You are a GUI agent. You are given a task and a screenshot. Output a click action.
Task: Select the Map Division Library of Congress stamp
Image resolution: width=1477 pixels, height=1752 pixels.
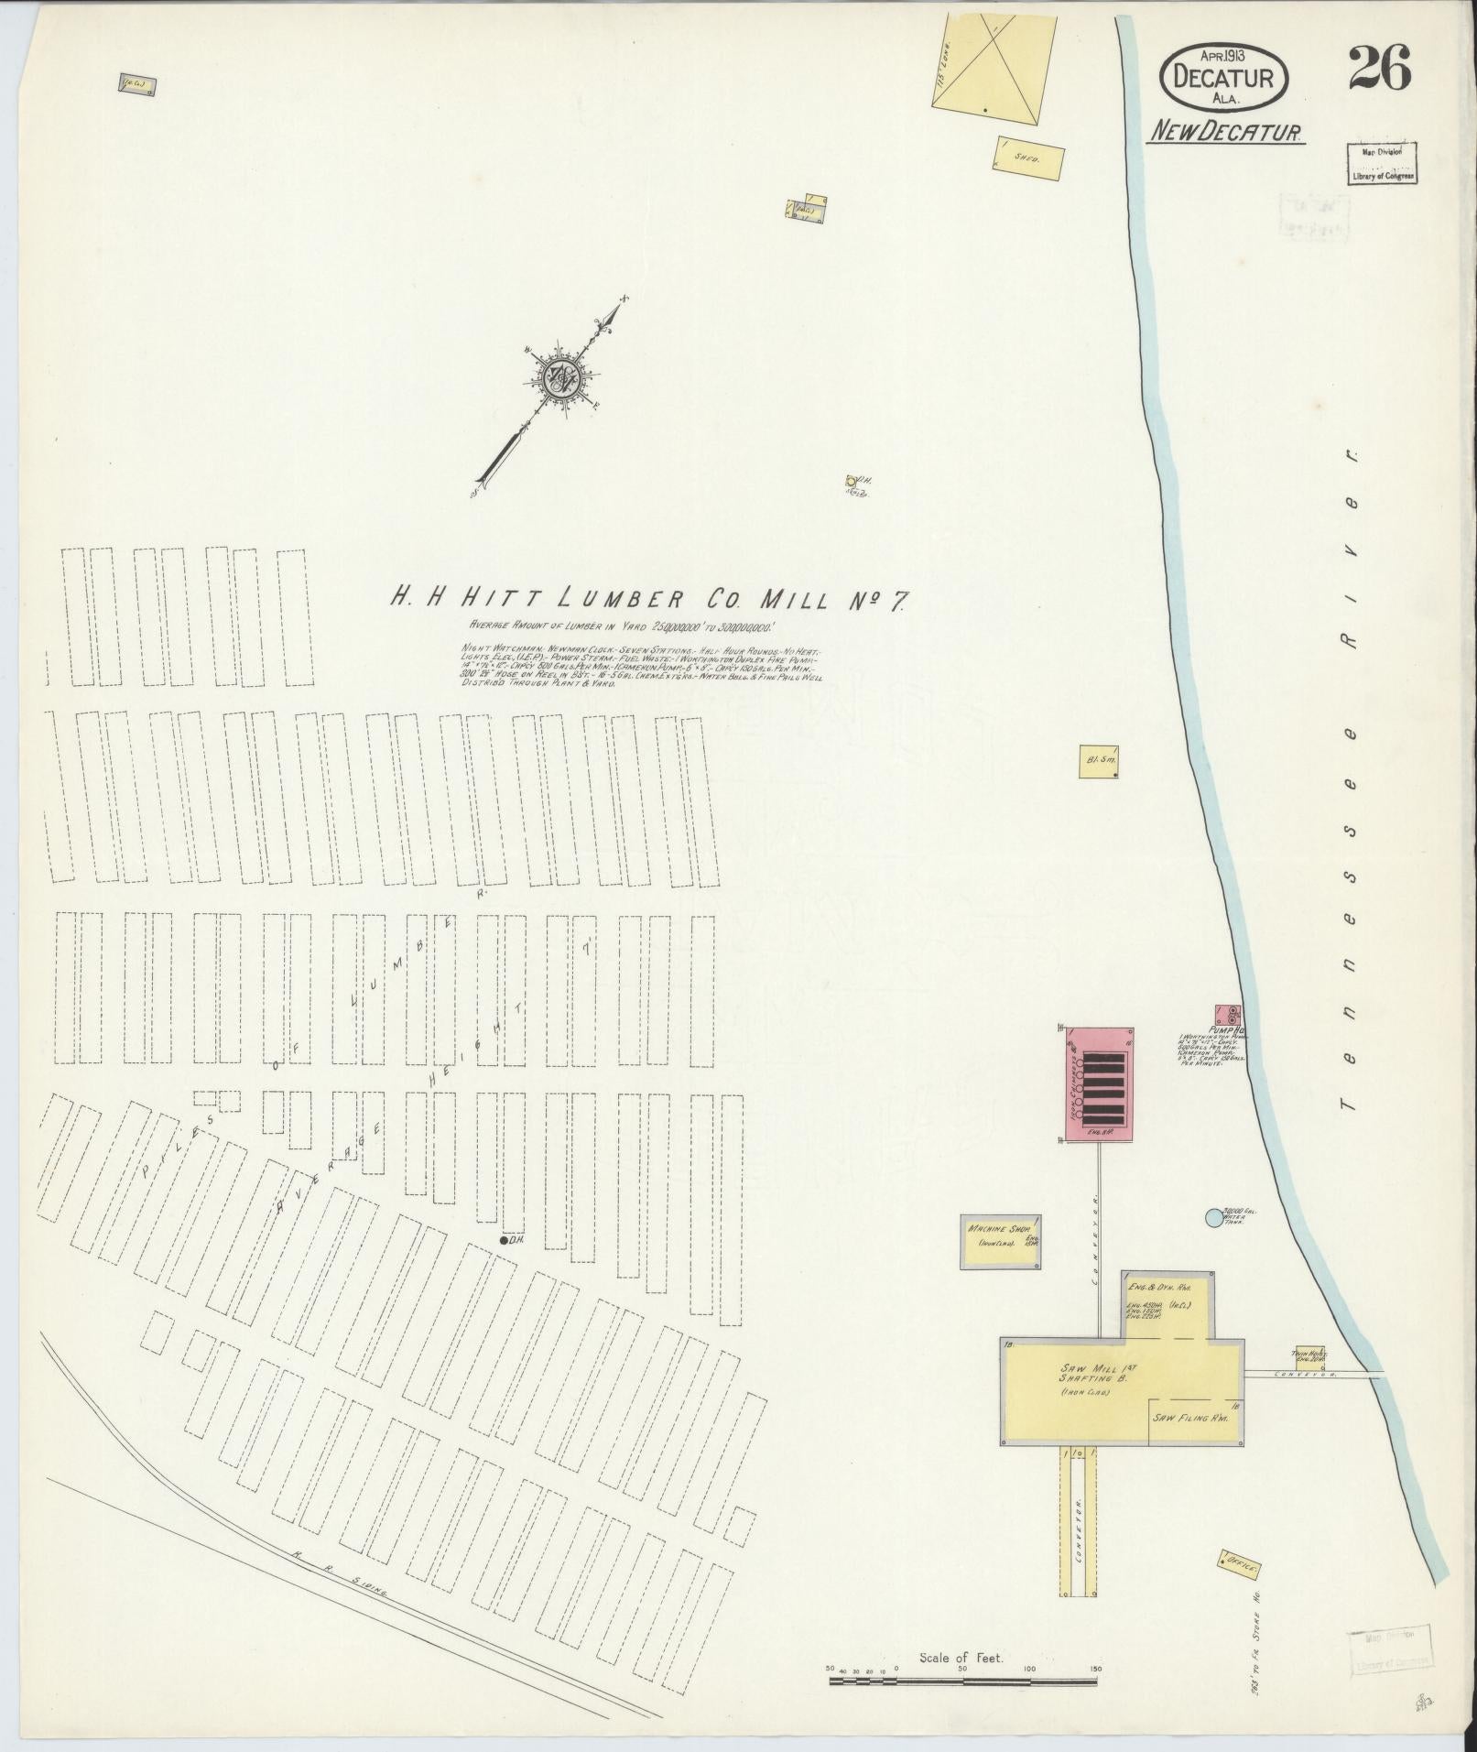[x=1381, y=164]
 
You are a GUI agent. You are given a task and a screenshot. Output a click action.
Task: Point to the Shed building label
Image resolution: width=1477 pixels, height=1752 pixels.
[x=1027, y=158]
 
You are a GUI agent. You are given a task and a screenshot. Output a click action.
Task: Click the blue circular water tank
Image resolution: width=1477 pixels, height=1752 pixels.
[x=1214, y=1217]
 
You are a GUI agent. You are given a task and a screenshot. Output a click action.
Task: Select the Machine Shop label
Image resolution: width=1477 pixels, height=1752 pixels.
[x=1000, y=1229]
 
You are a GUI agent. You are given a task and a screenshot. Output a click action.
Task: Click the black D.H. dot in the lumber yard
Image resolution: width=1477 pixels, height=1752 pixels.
[x=504, y=1241]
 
